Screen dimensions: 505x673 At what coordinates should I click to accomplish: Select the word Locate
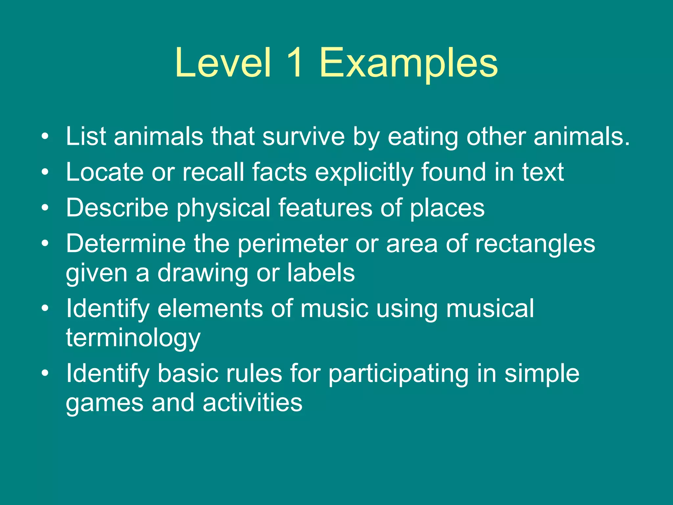click(x=104, y=172)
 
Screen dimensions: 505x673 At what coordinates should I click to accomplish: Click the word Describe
click(x=117, y=207)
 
